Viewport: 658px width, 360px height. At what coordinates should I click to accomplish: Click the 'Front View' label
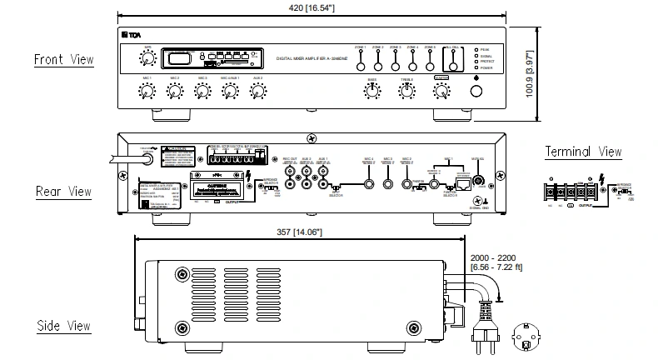[63, 59]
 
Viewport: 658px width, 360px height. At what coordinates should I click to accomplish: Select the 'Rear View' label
[63, 192]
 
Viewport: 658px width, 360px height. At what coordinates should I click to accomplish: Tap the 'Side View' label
[63, 326]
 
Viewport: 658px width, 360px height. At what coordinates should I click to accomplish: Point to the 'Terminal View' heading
[583, 152]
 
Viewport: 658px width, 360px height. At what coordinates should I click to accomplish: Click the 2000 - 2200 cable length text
[495, 258]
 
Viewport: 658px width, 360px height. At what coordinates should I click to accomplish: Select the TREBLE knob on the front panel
[406, 92]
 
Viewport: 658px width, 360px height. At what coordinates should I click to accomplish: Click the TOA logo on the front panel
[132, 34]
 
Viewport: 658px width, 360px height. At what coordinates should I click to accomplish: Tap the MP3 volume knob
[147, 58]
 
